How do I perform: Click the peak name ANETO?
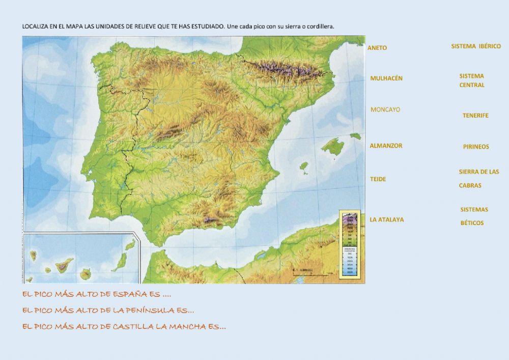click(x=377, y=48)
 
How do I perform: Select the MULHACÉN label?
click(x=386, y=78)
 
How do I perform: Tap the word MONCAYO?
click(x=385, y=109)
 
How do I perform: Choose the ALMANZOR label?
click(x=386, y=146)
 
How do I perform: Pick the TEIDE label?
click(x=378, y=179)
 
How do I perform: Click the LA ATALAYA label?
click(x=387, y=220)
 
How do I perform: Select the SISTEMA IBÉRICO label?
click(x=476, y=46)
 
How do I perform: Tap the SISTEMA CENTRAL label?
click(x=472, y=80)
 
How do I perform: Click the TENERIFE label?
click(x=475, y=116)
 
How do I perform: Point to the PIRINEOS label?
click(x=476, y=147)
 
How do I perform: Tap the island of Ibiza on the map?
click(x=304, y=167)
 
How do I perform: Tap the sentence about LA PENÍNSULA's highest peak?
click(x=108, y=310)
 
